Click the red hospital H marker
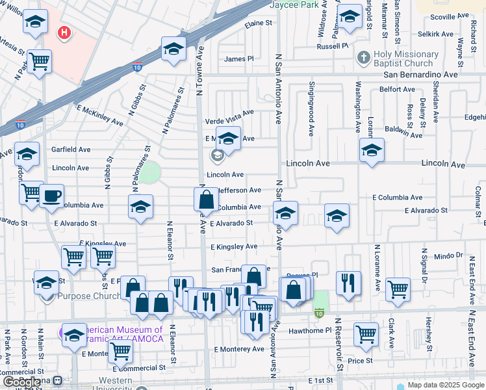pyautogui.click(x=64, y=32)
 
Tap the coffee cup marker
pyautogui.click(x=51, y=195)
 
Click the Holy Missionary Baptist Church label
pyautogui.click(x=403, y=59)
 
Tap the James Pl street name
pyautogui.click(x=238, y=59)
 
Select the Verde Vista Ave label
pyautogui.click(x=229, y=116)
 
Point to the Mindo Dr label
pyautogui.click(x=448, y=255)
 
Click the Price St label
pyautogui.click(x=359, y=360)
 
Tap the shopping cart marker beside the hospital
pyautogui.click(x=40, y=61)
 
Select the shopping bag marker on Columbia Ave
pyautogui.click(x=206, y=199)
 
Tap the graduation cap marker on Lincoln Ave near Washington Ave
pyautogui.click(x=372, y=151)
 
